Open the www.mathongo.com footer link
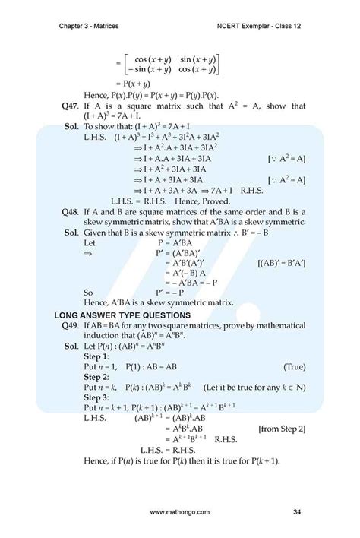pos(179,514)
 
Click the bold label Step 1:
pos(97,356)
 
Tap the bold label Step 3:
pos(97,397)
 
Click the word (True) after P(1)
pos(294,366)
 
